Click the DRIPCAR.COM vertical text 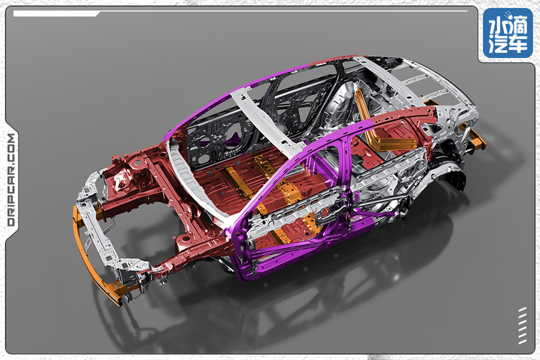11,179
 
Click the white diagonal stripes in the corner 522,325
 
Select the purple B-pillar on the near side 330,179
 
